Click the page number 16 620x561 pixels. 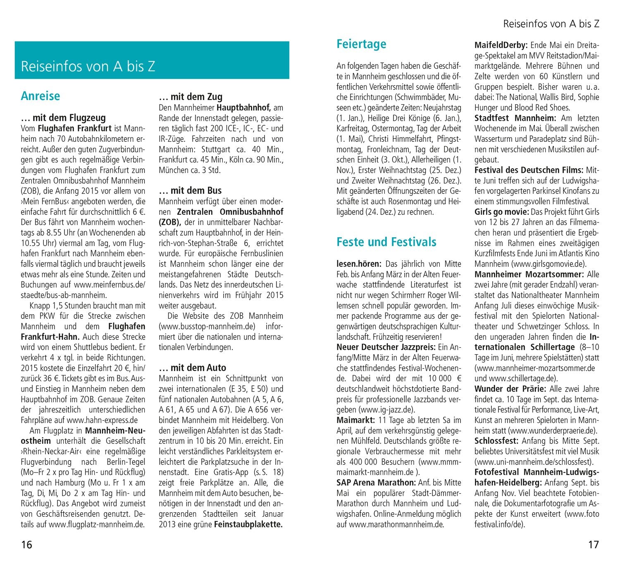coord(26,544)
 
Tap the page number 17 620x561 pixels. coord(593,544)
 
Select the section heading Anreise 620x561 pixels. coord(40,96)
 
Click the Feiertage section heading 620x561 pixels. coord(361,44)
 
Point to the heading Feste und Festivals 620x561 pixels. coord(386,242)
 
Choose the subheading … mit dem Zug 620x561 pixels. coord(191,97)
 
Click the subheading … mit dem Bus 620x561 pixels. coord(190,191)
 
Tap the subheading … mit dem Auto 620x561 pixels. coord(192,368)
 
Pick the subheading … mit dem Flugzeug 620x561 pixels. coord(63,118)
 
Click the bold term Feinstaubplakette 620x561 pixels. coord(248,525)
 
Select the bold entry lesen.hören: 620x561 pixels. coord(359,264)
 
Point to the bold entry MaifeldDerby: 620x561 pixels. coord(501,45)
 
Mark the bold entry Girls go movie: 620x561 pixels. coord(501,212)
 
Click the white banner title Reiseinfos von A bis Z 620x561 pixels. coord(88,66)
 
